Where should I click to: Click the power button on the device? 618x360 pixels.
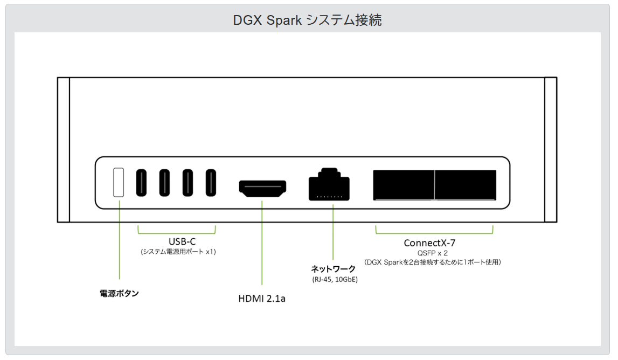coord(119,182)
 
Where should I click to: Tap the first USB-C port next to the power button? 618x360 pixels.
coord(141,183)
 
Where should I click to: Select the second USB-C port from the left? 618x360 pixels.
coord(164,183)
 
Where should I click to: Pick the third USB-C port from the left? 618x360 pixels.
coord(188,183)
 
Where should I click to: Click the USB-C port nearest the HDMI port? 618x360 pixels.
coord(211,183)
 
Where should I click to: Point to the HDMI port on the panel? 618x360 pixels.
coord(262,188)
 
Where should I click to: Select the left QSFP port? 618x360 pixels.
coord(404,185)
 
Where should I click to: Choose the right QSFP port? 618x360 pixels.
coord(466,185)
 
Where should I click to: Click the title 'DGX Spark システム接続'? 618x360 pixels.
coord(308,20)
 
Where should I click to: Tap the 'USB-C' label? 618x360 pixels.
coord(178,241)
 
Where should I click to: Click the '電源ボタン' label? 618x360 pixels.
coord(119,294)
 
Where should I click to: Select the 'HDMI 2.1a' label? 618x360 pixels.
coord(262,298)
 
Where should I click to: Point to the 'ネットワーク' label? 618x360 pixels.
coord(334,268)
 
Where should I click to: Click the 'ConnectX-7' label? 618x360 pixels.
coord(429,243)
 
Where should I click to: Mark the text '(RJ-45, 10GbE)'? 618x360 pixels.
coord(335,280)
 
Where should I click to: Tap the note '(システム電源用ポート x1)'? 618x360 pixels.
coord(178,252)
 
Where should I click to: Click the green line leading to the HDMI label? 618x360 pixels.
coord(262,243)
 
